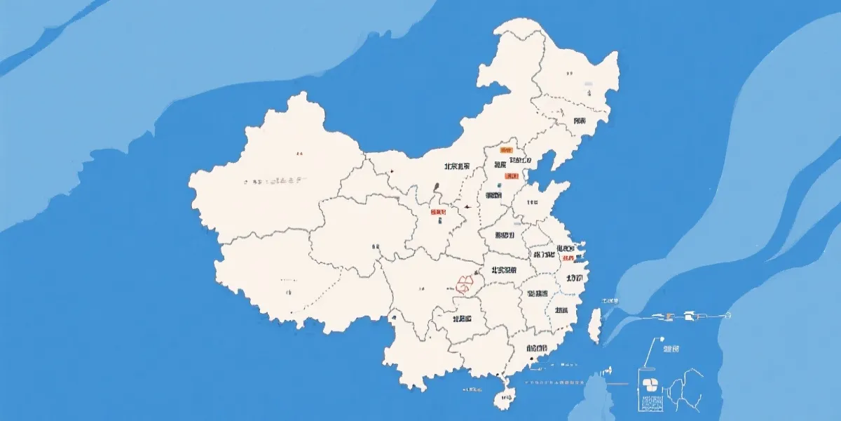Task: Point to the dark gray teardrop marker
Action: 437,188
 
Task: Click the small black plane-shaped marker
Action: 466,206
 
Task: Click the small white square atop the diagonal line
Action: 659,340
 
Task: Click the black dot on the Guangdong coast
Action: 532,359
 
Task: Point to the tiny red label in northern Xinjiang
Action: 299,152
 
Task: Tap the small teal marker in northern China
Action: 498,186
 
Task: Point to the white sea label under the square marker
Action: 671,349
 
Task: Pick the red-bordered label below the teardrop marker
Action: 438,212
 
